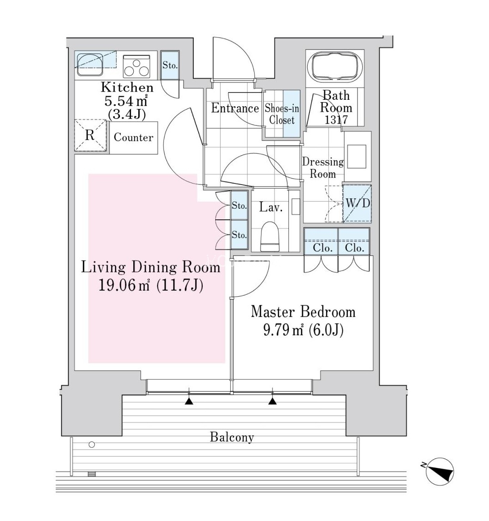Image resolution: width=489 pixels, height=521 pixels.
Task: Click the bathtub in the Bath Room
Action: (335, 66)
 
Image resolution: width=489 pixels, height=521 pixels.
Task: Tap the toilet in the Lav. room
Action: (270, 236)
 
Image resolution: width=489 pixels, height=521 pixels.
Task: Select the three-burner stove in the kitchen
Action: (136, 66)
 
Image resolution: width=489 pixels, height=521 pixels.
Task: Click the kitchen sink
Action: (90, 64)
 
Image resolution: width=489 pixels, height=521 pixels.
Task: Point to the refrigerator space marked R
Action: (90, 136)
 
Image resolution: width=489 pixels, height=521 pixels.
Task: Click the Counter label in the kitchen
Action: (134, 137)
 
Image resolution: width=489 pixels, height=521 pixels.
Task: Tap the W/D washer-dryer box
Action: (357, 203)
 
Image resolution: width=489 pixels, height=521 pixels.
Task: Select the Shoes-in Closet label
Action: (282, 114)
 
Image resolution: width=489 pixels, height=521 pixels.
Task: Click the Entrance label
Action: (235, 108)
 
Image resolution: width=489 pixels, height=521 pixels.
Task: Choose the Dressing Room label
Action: (323, 168)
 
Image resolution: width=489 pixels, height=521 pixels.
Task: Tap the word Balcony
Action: (232, 437)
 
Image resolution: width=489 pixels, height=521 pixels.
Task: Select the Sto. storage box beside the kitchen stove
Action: (170, 65)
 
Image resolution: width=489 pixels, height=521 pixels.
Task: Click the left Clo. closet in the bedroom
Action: (321, 242)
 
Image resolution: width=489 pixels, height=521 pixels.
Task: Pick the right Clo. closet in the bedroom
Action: (354, 242)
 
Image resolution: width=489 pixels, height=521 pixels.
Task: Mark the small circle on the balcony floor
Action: (92, 445)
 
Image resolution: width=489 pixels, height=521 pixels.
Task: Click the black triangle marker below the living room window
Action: (189, 402)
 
